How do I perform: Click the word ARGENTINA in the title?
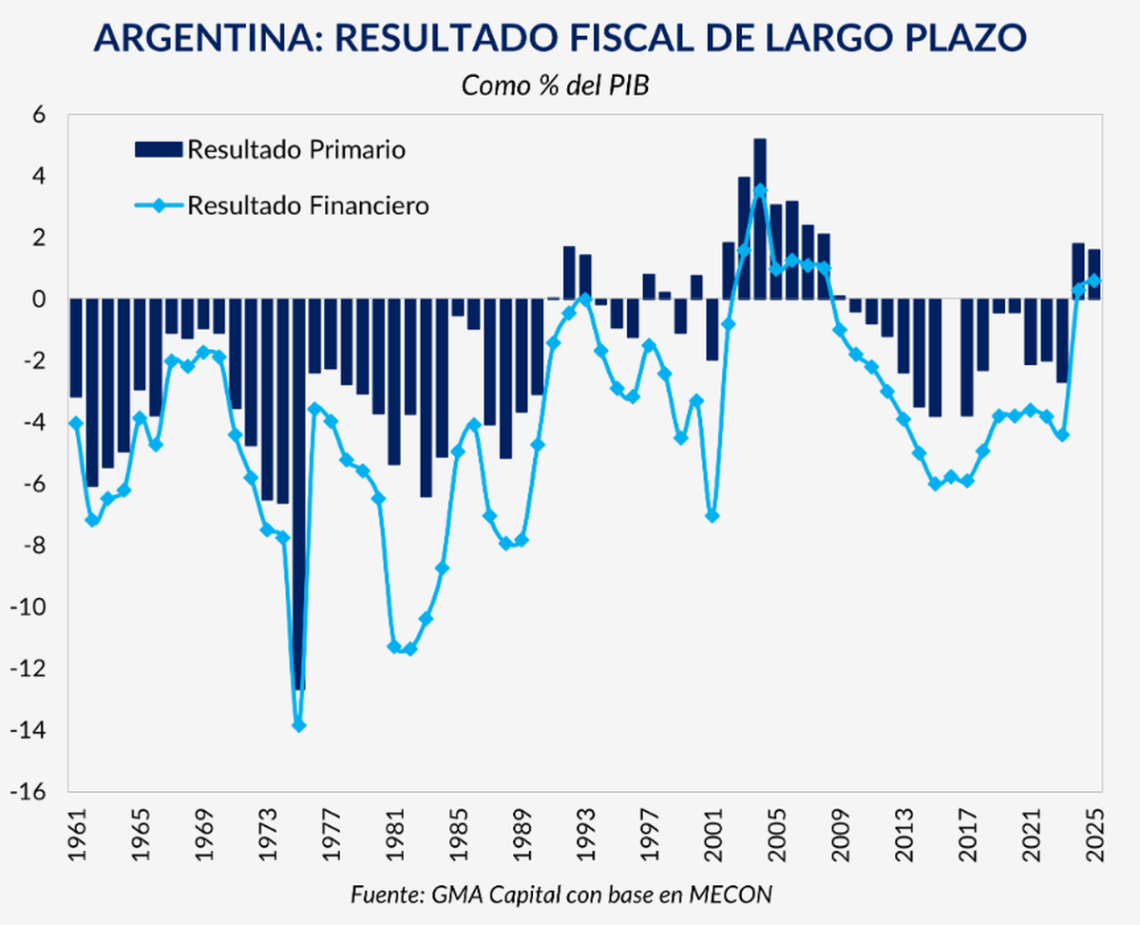203,39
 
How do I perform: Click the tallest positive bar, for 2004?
760,219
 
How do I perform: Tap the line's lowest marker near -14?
298,725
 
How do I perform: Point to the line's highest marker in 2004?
760,190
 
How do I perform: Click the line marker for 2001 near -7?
712,516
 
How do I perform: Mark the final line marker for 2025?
1094,280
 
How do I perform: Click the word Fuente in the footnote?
383,895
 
